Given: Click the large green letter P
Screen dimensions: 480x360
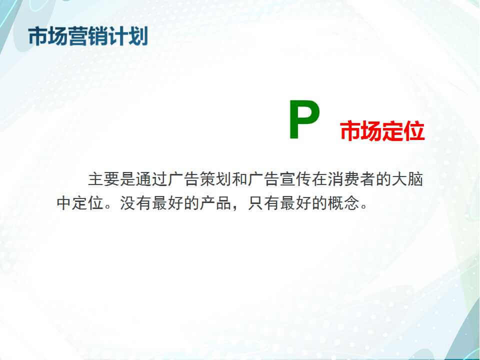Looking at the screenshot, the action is [x=304, y=119].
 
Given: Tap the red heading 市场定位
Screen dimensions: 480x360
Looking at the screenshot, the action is [x=382, y=131].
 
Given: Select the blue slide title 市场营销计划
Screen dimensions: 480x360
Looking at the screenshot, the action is [x=88, y=36].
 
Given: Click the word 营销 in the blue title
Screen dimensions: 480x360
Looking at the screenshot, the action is [x=88, y=36].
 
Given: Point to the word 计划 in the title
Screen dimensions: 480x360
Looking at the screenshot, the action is [x=128, y=36].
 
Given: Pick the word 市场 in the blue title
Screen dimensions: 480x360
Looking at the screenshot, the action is [x=48, y=36].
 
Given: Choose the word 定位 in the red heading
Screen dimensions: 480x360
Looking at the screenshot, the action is [x=403, y=131].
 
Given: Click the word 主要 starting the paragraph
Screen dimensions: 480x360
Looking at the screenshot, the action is [x=104, y=179].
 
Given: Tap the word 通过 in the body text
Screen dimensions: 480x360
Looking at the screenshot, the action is [x=152, y=179].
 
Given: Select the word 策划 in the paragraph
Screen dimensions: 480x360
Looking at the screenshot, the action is [x=216, y=179].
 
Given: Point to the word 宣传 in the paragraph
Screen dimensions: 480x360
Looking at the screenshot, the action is [x=295, y=179].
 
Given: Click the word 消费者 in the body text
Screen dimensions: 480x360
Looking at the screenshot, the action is [x=351, y=179].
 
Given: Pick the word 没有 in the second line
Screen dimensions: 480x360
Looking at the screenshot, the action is [x=136, y=203].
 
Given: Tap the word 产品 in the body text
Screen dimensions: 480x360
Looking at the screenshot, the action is [x=216, y=203].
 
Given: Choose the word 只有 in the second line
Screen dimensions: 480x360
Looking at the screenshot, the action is [x=263, y=203].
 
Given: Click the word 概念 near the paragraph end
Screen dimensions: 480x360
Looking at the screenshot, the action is [x=343, y=203].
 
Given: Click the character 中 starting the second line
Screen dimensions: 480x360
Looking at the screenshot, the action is [x=64, y=203].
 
